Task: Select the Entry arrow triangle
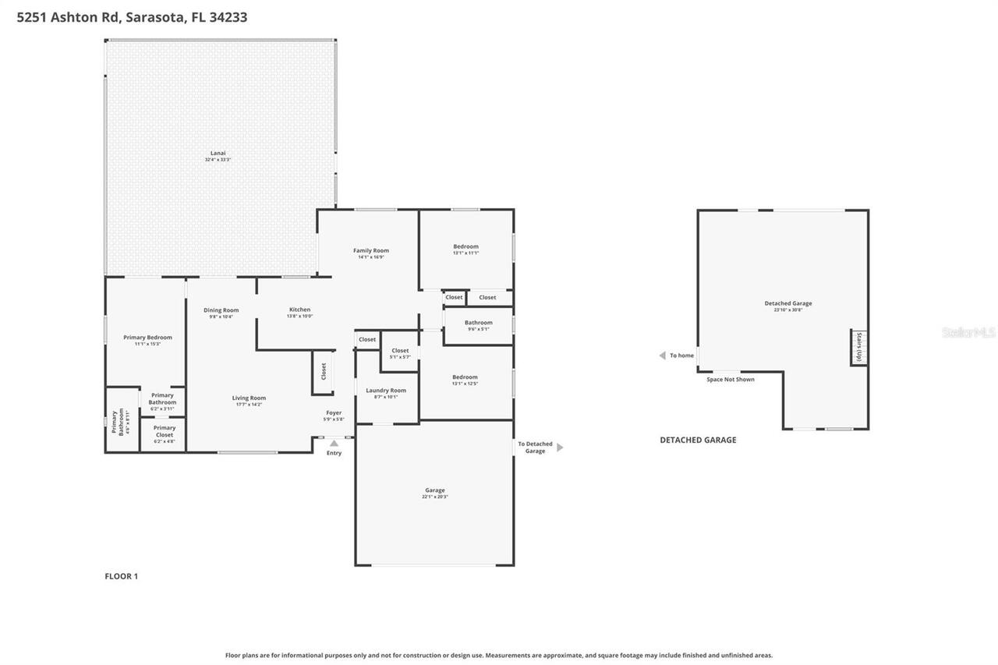pos(334,443)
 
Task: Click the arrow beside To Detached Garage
pos(560,447)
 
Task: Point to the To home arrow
pos(662,355)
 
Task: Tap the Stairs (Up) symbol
pos(858,348)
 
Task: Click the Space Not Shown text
pos(730,380)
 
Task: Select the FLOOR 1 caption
pos(121,576)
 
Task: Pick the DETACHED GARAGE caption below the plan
pos(698,440)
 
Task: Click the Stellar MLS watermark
pos(968,332)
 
